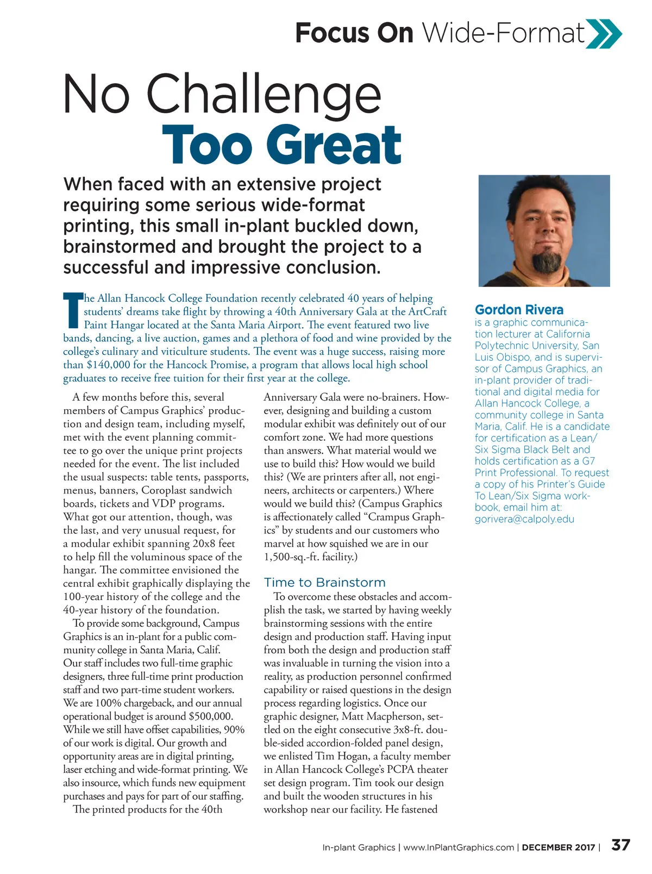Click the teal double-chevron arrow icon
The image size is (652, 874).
(604, 33)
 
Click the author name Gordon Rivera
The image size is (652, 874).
(519, 310)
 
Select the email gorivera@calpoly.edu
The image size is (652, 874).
(524, 519)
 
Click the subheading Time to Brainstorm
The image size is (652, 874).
(324, 583)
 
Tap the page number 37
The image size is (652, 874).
(620, 845)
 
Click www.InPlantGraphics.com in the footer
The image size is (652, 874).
(459, 847)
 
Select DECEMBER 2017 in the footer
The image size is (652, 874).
(558, 847)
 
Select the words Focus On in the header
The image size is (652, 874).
(354, 33)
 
